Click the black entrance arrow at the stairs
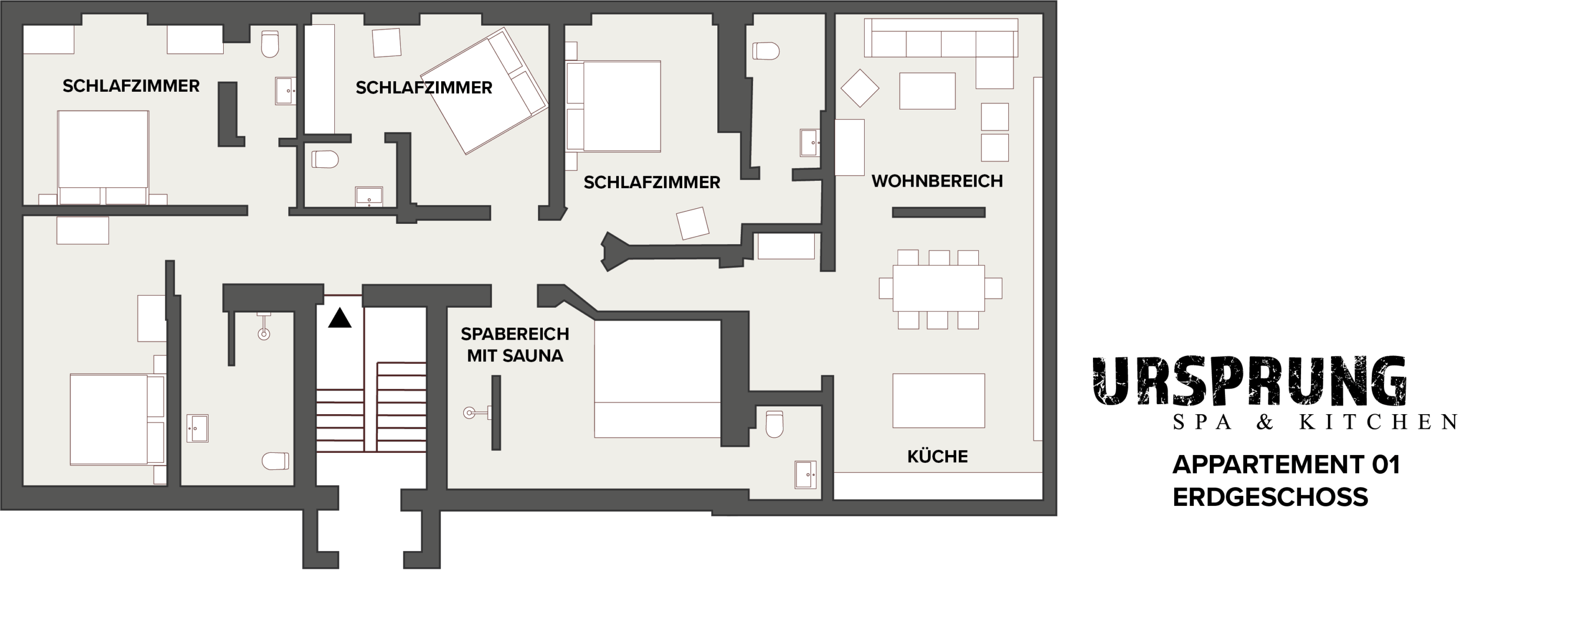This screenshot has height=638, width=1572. (340, 318)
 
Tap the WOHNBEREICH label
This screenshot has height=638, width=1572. (937, 181)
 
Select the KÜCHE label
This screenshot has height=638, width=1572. (937, 457)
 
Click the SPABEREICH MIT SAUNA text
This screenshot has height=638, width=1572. (515, 345)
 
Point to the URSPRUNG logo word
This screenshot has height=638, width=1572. (1249, 381)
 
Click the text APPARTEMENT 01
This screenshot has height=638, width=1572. (1286, 465)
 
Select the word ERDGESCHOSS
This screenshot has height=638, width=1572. (1270, 498)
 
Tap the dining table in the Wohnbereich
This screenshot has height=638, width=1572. (938, 288)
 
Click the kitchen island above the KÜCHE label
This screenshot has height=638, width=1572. (938, 401)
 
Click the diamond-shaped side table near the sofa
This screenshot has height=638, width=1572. (860, 89)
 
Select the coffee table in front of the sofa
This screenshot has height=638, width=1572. (927, 91)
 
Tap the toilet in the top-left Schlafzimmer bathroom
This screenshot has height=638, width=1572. (270, 44)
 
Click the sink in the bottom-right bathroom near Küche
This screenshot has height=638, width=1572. (805, 474)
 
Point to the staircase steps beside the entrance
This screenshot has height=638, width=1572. (371, 407)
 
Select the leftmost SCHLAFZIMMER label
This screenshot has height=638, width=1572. (131, 86)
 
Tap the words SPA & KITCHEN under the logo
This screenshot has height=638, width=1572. (1315, 422)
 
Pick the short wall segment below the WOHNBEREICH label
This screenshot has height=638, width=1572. (938, 212)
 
